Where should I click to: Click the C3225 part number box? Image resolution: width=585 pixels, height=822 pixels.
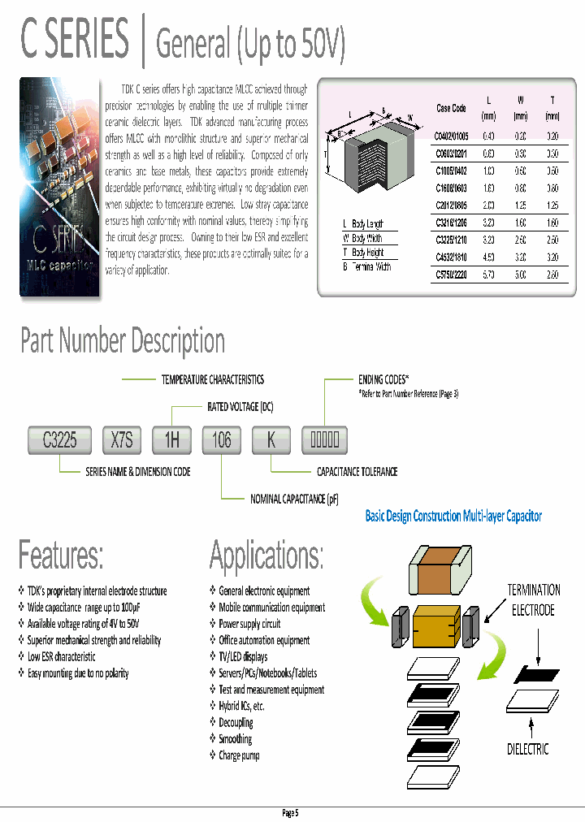pyautogui.click(x=59, y=440)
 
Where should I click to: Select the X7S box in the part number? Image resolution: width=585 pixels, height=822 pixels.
pyautogui.click(x=122, y=440)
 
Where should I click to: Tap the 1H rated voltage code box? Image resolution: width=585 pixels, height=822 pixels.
pyautogui.click(x=172, y=440)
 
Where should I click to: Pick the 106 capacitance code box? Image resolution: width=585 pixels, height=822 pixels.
pyautogui.click(x=222, y=440)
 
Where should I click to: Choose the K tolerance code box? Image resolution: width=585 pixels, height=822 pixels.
pyautogui.click(x=272, y=440)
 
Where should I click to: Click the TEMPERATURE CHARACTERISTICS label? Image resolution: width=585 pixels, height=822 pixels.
pyautogui.click(x=212, y=379)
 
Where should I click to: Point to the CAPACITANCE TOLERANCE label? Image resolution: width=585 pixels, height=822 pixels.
pyautogui.click(x=357, y=471)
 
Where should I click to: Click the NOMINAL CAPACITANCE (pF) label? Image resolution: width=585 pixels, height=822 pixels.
pyautogui.click(x=294, y=500)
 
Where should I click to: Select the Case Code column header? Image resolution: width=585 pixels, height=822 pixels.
pyautogui.click(x=451, y=108)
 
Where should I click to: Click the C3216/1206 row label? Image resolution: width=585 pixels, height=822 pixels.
pyautogui.click(x=451, y=221)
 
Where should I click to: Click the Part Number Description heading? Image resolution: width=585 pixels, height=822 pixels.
pyautogui.click(x=123, y=340)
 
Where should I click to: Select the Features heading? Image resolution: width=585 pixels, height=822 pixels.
pyautogui.click(x=61, y=556)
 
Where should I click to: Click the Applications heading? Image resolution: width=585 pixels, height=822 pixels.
pyautogui.click(x=266, y=556)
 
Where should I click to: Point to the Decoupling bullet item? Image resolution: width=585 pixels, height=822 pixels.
pyautogui.click(x=236, y=722)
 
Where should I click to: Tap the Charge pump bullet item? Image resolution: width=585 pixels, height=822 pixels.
pyautogui.click(x=239, y=755)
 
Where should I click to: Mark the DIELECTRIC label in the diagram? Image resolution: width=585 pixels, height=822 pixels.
pyautogui.click(x=528, y=749)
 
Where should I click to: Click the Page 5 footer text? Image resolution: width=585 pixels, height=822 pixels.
pyautogui.click(x=291, y=813)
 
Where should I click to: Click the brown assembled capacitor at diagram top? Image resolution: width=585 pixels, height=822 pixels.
pyautogui.click(x=441, y=573)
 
